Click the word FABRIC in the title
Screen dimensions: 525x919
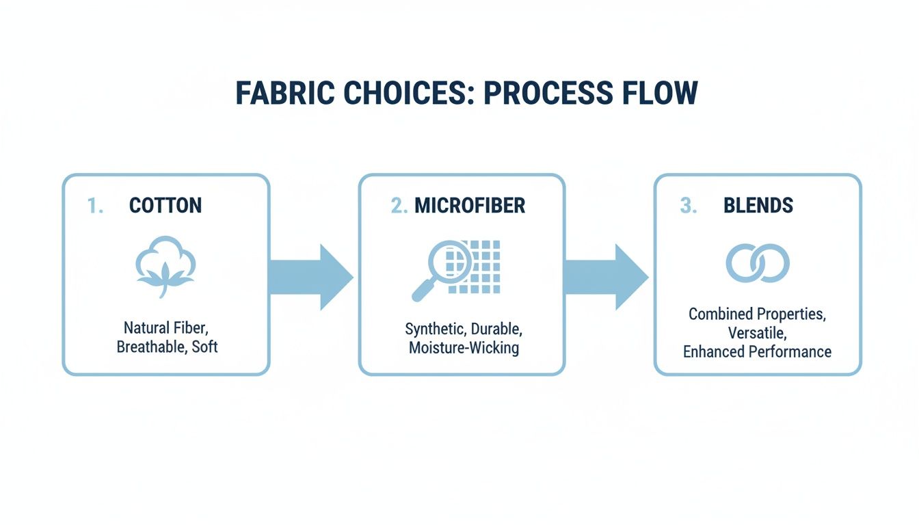pyautogui.click(x=279, y=93)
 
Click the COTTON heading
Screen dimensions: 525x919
pyautogui.click(x=165, y=206)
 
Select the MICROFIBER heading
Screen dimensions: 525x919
pyautogui.click(x=470, y=206)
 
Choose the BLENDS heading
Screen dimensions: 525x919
pyautogui.click(x=758, y=206)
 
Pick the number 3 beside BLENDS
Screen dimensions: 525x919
pyautogui.click(x=688, y=206)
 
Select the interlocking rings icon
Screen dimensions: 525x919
pyautogui.click(x=758, y=263)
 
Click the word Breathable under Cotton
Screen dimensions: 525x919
pyautogui.click(x=150, y=347)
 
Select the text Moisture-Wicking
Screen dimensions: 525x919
pyautogui.click(x=464, y=348)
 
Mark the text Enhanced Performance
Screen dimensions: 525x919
pyautogui.click(x=758, y=352)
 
